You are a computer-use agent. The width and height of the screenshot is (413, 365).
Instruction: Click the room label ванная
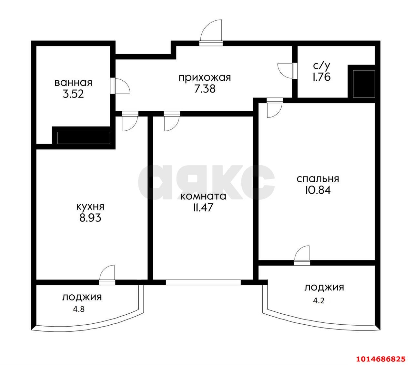(73, 83)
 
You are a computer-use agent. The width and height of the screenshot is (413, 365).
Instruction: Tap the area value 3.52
(73, 94)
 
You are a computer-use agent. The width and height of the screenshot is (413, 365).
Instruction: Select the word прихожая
(205, 78)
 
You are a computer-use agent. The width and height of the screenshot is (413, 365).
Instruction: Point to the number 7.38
(205, 89)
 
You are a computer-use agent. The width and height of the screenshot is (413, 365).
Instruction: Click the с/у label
(322, 66)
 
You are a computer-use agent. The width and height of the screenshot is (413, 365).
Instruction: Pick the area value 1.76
(322, 77)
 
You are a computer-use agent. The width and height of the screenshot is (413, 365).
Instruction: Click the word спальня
(318, 179)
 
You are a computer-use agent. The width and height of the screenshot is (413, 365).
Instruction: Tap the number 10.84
(318, 190)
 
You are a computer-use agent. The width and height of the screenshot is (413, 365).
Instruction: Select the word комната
(203, 196)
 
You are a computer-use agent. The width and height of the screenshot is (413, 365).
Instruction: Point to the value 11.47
(203, 208)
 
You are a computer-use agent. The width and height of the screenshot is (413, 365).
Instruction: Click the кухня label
(90, 207)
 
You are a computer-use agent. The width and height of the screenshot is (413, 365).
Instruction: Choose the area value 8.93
(90, 218)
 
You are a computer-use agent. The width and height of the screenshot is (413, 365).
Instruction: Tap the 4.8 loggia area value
(79, 309)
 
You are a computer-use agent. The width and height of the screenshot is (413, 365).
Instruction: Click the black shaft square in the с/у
(364, 84)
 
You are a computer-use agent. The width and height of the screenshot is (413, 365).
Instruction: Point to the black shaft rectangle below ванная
(84, 138)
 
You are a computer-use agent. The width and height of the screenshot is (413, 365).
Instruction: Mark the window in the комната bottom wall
(203, 282)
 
